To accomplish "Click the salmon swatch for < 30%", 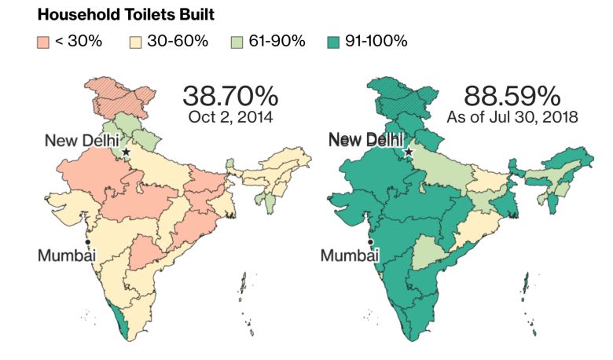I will [x=43, y=41].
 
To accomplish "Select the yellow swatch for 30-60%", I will [x=135, y=41].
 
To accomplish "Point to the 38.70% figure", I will [x=230, y=97].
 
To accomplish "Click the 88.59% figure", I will [x=512, y=97].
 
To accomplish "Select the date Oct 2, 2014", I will [x=230, y=118].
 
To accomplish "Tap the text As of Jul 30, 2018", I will [x=512, y=118].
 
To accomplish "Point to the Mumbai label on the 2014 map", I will [x=67, y=255].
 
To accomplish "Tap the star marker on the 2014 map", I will [x=126, y=149].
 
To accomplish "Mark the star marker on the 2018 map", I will [x=409, y=149].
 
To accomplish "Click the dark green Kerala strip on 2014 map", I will [x=120, y=318].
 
